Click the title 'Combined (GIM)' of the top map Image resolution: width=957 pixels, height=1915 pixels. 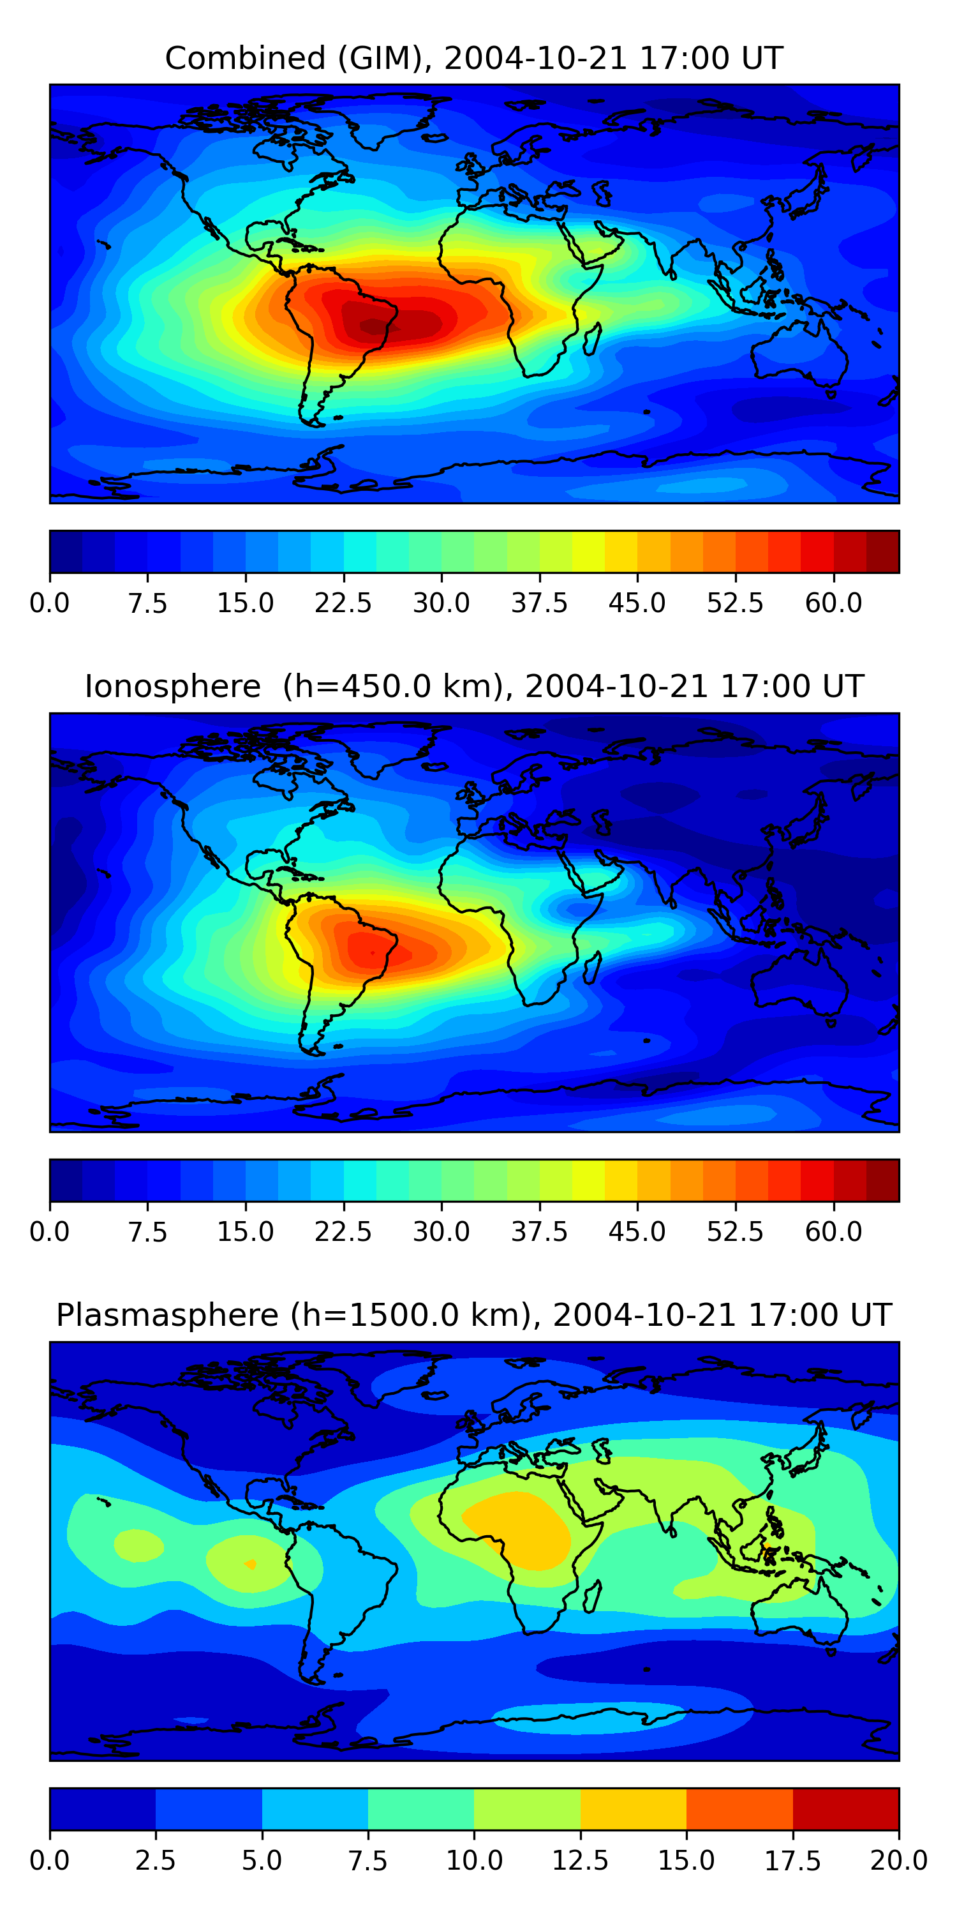click(297, 58)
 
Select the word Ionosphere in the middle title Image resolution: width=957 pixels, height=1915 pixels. click(172, 687)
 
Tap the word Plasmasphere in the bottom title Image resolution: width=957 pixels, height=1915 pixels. click(167, 1315)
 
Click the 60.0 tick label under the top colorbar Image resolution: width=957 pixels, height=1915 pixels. click(833, 603)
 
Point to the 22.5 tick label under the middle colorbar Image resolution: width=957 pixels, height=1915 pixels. click(343, 1232)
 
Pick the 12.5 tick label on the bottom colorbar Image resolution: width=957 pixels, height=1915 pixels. click(579, 1860)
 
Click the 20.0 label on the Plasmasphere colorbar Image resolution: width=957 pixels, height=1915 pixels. click(898, 1860)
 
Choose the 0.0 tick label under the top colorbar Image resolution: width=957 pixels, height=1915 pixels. click(50, 603)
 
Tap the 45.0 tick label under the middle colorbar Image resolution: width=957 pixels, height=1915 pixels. click(637, 1232)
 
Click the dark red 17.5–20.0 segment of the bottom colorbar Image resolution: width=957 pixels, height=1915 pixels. click(845, 1808)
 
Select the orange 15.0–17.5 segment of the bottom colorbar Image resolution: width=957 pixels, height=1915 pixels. click(739, 1808)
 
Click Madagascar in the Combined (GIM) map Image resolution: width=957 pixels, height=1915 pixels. click(593, 340)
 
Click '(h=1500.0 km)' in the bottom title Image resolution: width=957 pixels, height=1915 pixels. click(412, 1315)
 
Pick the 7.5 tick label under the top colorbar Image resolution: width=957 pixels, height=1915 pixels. click(147, 603)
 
